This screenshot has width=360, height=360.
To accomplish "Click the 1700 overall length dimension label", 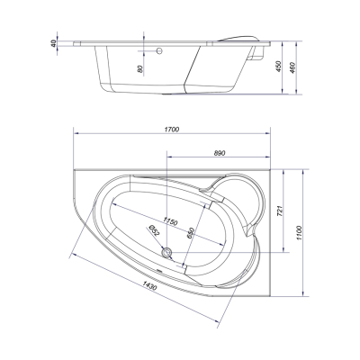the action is point(172,130).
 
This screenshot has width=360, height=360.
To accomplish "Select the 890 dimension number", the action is point(220,153).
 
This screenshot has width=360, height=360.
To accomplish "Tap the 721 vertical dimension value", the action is point(278,211).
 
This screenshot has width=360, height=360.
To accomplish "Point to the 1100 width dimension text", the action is point(299,232).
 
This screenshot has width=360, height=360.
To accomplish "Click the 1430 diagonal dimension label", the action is point(149,285).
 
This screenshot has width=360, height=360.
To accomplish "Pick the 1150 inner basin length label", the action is point(171,221).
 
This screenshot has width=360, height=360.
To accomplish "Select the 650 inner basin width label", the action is point(191,233).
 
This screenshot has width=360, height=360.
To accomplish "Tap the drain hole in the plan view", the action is point(166,252).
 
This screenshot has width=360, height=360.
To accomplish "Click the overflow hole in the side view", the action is point(159,50).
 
